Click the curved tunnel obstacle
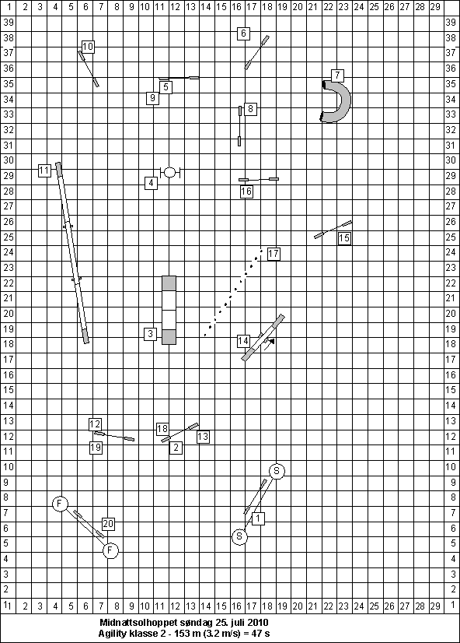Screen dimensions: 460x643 [345, 101]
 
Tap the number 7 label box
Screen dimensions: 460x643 [337, 76]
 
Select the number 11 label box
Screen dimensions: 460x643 [44, 170]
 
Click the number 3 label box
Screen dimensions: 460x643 [151, 334]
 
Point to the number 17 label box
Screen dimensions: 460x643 [274, 254]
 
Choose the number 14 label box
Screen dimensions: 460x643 [243, 341]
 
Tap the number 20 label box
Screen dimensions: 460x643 [108, 524]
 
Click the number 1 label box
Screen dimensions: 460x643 [258, 518]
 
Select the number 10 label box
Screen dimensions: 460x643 [88, 47]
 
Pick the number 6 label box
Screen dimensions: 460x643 [243, 33]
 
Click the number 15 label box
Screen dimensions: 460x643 [344, 238]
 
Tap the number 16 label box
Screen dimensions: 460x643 [246, 191]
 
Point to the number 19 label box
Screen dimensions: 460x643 [96, 448]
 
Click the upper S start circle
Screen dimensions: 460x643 [277, 471]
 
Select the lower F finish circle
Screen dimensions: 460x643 [110, 550]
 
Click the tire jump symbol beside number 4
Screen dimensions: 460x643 [170, 172]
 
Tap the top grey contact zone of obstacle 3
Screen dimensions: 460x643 [169, 283]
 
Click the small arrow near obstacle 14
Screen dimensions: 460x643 [270, 343]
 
